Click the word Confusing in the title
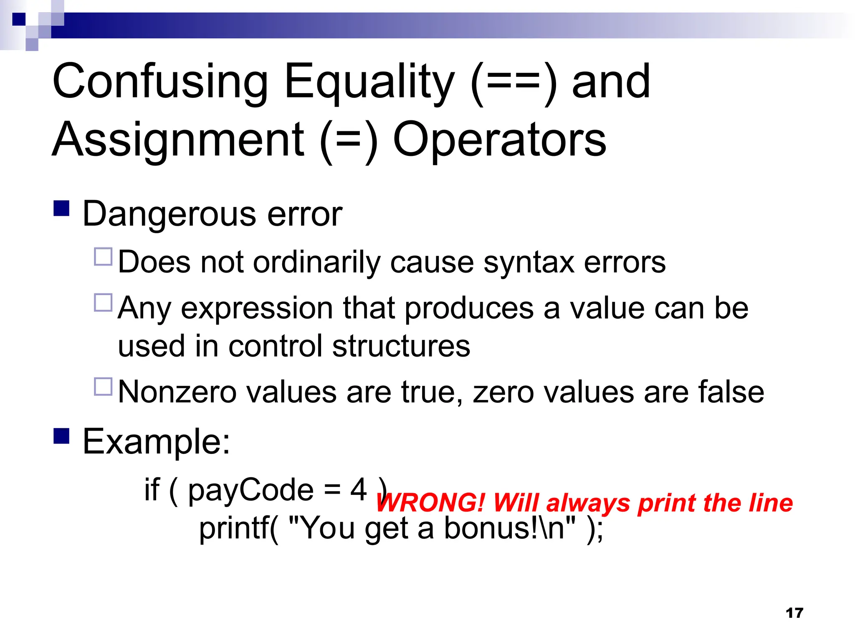[x=160, y=82]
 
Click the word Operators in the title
[x=499, y=140]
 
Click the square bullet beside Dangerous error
[x=61, y=208]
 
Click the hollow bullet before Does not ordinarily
[x=103, y=257]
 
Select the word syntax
[x=529, y=262]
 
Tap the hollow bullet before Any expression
[x=103, y=303]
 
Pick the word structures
[x=401, y=346]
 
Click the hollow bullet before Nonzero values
[x=103, y=387]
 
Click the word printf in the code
[x=238, y=528]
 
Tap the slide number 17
[x=794, y=613]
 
